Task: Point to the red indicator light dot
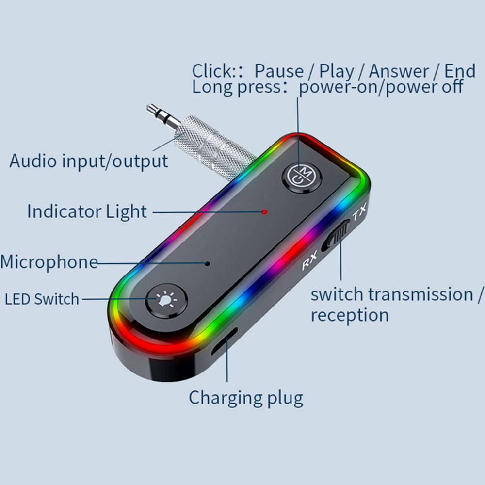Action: coord(264,211)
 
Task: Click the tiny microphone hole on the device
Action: coord(208,263)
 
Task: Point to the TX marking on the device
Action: coord(360,214)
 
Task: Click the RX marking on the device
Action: coord(309,263)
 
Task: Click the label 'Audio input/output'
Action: coord(89,161)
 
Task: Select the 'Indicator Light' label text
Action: coord(87,212)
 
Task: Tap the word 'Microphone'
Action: coord(49,262)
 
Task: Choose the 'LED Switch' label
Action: coord(42,299)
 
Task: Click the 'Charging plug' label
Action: coord(246,398)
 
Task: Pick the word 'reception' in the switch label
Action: coord(350,315)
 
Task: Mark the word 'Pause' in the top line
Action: coord(279,71)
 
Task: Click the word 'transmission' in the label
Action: coord(420,294)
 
